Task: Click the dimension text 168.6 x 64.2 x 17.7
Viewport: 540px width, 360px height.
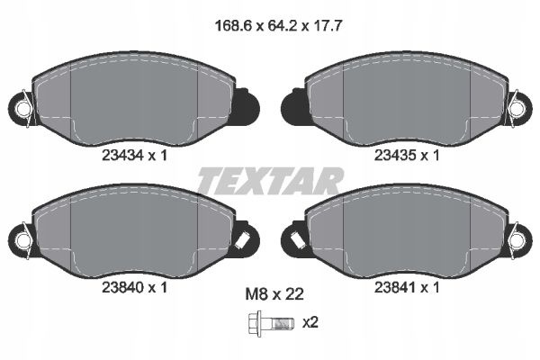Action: pos(278,26)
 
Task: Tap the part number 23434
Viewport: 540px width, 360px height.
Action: pos(122,156)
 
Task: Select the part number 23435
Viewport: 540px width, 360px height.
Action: pos(395,156)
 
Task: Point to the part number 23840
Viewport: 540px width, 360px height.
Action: pos(122,287)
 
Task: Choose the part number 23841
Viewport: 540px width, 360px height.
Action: pos(395,287)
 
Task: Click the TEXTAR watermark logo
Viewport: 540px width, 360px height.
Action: pos(270,181)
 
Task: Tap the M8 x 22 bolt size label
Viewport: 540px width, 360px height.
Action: pos(274,294)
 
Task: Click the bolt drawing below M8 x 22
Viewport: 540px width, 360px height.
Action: pos(271,323)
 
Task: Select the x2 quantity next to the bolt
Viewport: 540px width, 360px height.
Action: pos(310,323)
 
